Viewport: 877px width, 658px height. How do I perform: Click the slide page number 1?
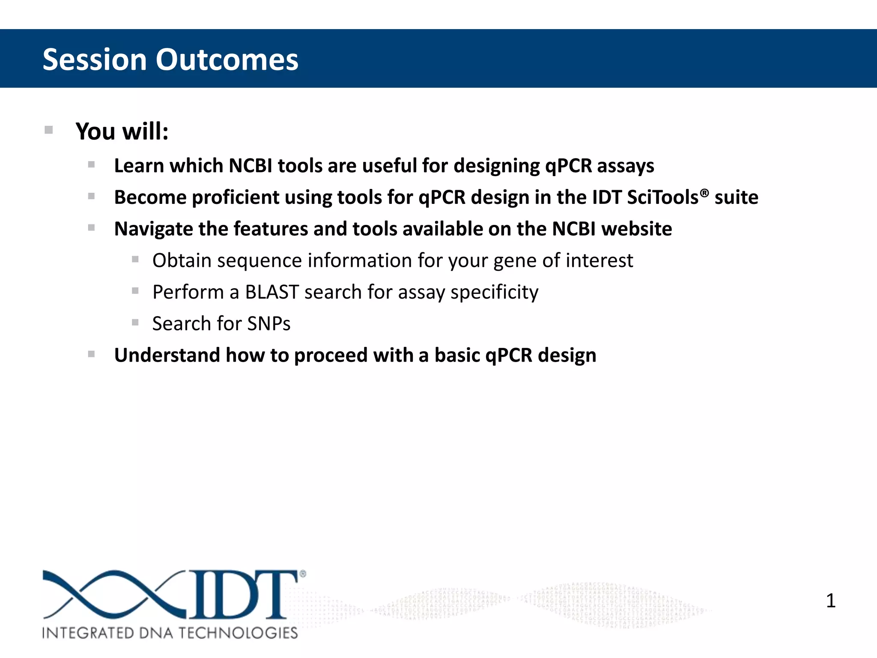click(830, 601)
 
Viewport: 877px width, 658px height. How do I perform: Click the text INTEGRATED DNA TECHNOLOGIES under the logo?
click(170, 633)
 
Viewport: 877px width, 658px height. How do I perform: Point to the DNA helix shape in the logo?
click(113, 595)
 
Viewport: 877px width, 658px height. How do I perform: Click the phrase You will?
click(122, 131)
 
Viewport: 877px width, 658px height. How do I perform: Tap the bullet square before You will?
click(49, 130)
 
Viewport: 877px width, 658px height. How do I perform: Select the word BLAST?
click(271, 292)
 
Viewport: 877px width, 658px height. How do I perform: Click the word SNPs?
click(268, 323)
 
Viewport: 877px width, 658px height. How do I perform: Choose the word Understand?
click(167, 355)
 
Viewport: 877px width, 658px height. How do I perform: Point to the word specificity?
click(494, 292)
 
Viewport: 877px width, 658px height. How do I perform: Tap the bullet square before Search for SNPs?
click(135, 322)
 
